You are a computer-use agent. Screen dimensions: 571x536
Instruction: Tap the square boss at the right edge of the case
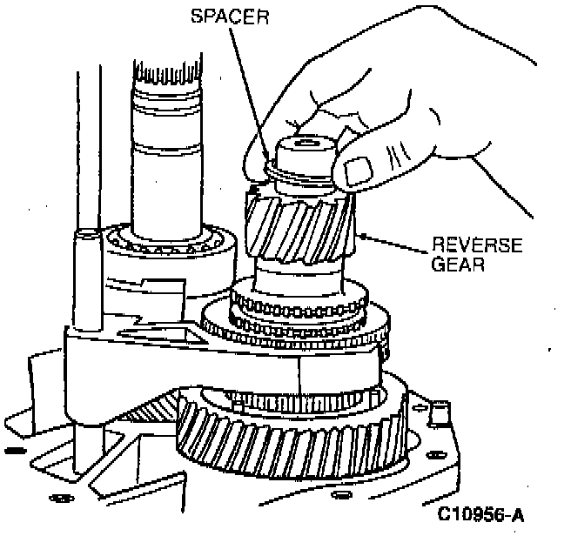point(439,409)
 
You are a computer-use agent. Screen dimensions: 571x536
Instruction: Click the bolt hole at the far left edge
point(12,450)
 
